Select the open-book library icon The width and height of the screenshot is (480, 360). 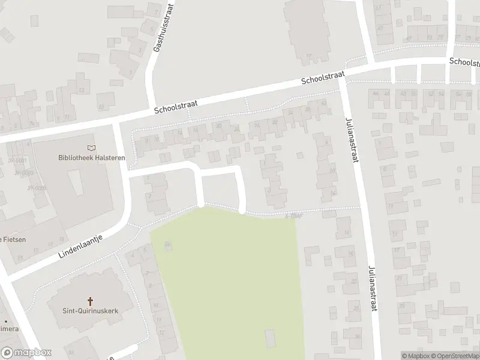tap(91, 148)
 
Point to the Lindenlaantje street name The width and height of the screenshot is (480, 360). tap(81, 247)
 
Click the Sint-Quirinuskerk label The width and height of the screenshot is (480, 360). tap(90, 311)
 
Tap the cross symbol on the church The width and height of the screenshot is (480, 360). tap(91, 301)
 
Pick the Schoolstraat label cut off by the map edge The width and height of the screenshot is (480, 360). tap(465, 62)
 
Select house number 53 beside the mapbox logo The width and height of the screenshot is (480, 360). tap(71, 352)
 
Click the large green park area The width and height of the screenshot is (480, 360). tap(228, 276)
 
